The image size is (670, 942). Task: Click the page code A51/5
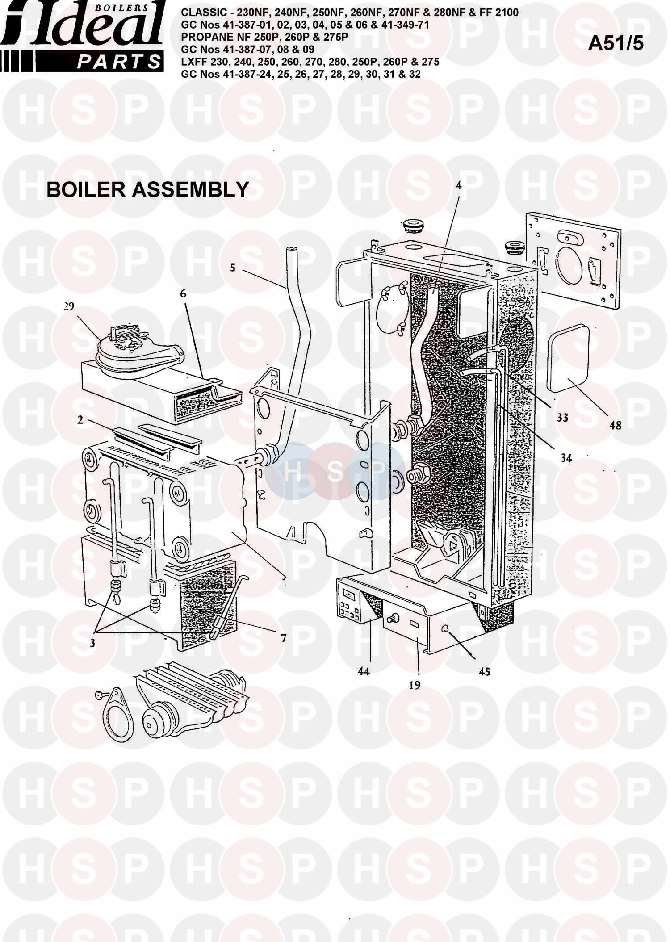point(616,43)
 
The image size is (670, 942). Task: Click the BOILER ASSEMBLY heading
point(147,189)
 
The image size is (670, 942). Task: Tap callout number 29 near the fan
point(69,306)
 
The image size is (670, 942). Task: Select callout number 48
point(616,425)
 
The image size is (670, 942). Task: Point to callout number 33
point(562,418)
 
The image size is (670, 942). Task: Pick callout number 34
point(566,458)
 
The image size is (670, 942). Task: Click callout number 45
point(485,671)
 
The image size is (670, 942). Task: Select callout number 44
point(364,670)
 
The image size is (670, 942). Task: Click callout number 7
point(283,638)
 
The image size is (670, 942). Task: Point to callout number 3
point(92,643)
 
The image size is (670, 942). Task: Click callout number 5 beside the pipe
point(232,268)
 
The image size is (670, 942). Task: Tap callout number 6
point(183,293)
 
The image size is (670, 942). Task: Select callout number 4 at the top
point(458,186)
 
